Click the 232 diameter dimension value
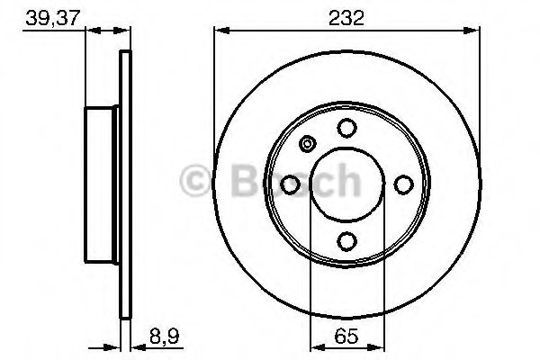(346, 18)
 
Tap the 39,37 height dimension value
(53, 18)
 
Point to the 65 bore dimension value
(346, 336)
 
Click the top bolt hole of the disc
(346, 128)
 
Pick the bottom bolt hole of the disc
(346, 241)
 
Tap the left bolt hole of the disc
(290, 184)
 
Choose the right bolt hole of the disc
(403, 184)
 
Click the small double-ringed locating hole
(308, 143)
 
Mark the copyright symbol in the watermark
(194, 181)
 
